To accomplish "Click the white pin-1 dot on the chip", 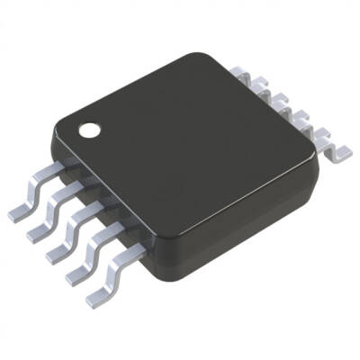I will point(91,130).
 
